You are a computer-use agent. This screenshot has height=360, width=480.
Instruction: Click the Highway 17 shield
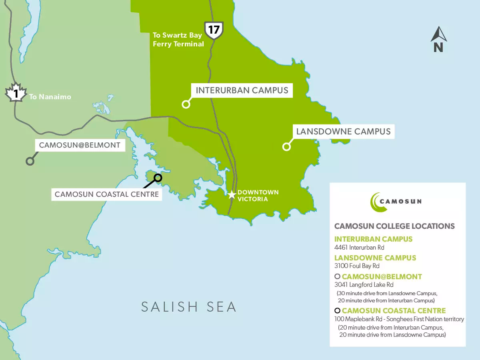214,30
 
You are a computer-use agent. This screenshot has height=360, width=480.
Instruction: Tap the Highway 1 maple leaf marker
15,93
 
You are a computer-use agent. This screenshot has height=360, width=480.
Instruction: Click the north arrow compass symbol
438,40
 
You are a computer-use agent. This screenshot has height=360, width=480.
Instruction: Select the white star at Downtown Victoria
232,195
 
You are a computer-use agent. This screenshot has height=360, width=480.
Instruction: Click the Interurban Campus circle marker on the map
186,104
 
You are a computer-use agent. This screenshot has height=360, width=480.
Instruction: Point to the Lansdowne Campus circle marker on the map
286,147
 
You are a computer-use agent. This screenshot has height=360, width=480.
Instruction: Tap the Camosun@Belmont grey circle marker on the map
30,161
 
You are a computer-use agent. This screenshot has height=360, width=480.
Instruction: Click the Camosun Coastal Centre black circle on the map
158,178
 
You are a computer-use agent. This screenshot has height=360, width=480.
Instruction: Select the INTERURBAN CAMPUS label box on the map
242,90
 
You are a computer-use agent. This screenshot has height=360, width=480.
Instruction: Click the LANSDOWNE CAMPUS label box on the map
343,132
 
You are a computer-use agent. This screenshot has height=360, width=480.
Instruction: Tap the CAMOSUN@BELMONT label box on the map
80,145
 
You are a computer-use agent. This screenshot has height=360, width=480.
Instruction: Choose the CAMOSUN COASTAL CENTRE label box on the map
107,195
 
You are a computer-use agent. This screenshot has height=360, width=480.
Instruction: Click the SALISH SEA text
189,307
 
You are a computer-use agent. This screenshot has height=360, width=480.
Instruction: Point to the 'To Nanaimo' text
50,96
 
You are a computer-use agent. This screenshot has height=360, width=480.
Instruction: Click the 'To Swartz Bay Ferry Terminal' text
178,40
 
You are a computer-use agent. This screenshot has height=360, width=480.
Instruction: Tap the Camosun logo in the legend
396,201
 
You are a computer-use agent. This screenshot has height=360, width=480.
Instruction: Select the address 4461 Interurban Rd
359,248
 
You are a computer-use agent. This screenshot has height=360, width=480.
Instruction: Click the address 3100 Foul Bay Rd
357,266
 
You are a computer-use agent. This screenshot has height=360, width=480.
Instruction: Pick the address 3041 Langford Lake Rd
364,285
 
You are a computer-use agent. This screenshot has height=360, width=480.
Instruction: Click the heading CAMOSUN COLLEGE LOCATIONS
394,226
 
